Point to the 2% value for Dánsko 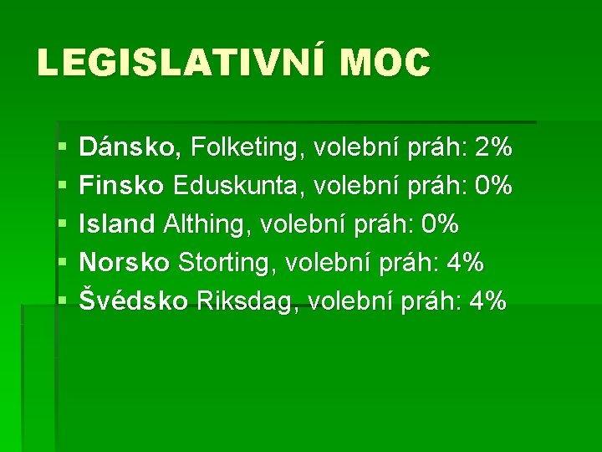[492, 148]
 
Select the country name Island [117, 223]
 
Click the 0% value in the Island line [440, 223]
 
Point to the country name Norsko [125, 262]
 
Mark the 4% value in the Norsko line [466, 262]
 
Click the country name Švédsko [134, 300]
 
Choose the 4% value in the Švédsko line [488, 300]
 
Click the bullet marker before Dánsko [64, 150]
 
